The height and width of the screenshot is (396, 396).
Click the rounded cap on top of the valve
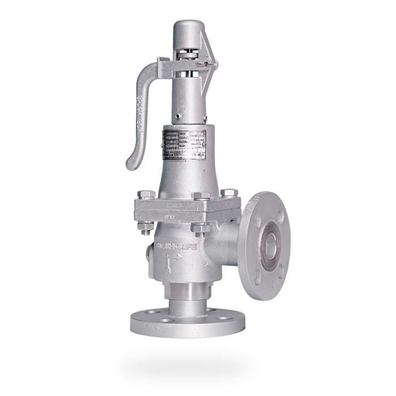(188, 29)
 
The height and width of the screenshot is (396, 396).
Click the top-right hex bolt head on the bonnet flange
(229, 193)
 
